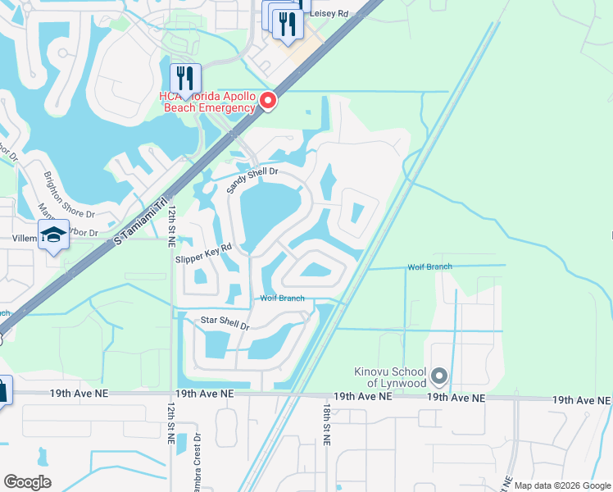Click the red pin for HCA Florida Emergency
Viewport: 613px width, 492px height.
tap(268, 102)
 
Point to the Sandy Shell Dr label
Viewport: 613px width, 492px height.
tap(253, 181)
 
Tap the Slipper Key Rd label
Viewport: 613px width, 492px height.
tap(204, 252)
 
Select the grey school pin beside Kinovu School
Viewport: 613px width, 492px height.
tap(439, 377)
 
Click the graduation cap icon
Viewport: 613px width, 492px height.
tap(54, 236)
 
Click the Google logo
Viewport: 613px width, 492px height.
tap(27, 481)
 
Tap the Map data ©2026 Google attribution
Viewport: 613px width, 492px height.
tap(562, 485)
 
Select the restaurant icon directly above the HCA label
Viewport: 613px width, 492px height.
tap(185, 79)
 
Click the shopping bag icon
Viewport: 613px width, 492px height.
tap(2, 390)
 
